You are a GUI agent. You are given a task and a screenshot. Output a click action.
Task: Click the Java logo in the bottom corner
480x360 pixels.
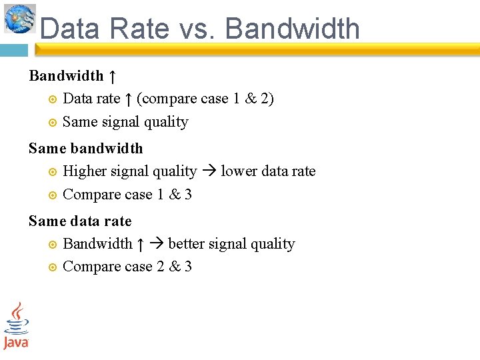point(16,326)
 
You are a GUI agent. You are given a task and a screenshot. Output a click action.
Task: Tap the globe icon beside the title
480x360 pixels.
point(20,19)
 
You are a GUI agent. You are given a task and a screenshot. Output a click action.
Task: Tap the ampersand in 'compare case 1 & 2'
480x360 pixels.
point(251,99)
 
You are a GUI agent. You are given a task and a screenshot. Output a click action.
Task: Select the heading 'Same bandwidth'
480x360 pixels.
point(85,148)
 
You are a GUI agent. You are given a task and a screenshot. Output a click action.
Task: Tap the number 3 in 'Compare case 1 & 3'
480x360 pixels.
point(188,195)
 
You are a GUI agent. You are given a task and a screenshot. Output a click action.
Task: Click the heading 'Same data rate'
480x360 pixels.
point(80,221)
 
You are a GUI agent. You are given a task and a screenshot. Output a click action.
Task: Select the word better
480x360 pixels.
point(187,244)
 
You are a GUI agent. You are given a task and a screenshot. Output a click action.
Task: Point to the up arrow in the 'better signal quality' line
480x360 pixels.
point(140,244)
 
